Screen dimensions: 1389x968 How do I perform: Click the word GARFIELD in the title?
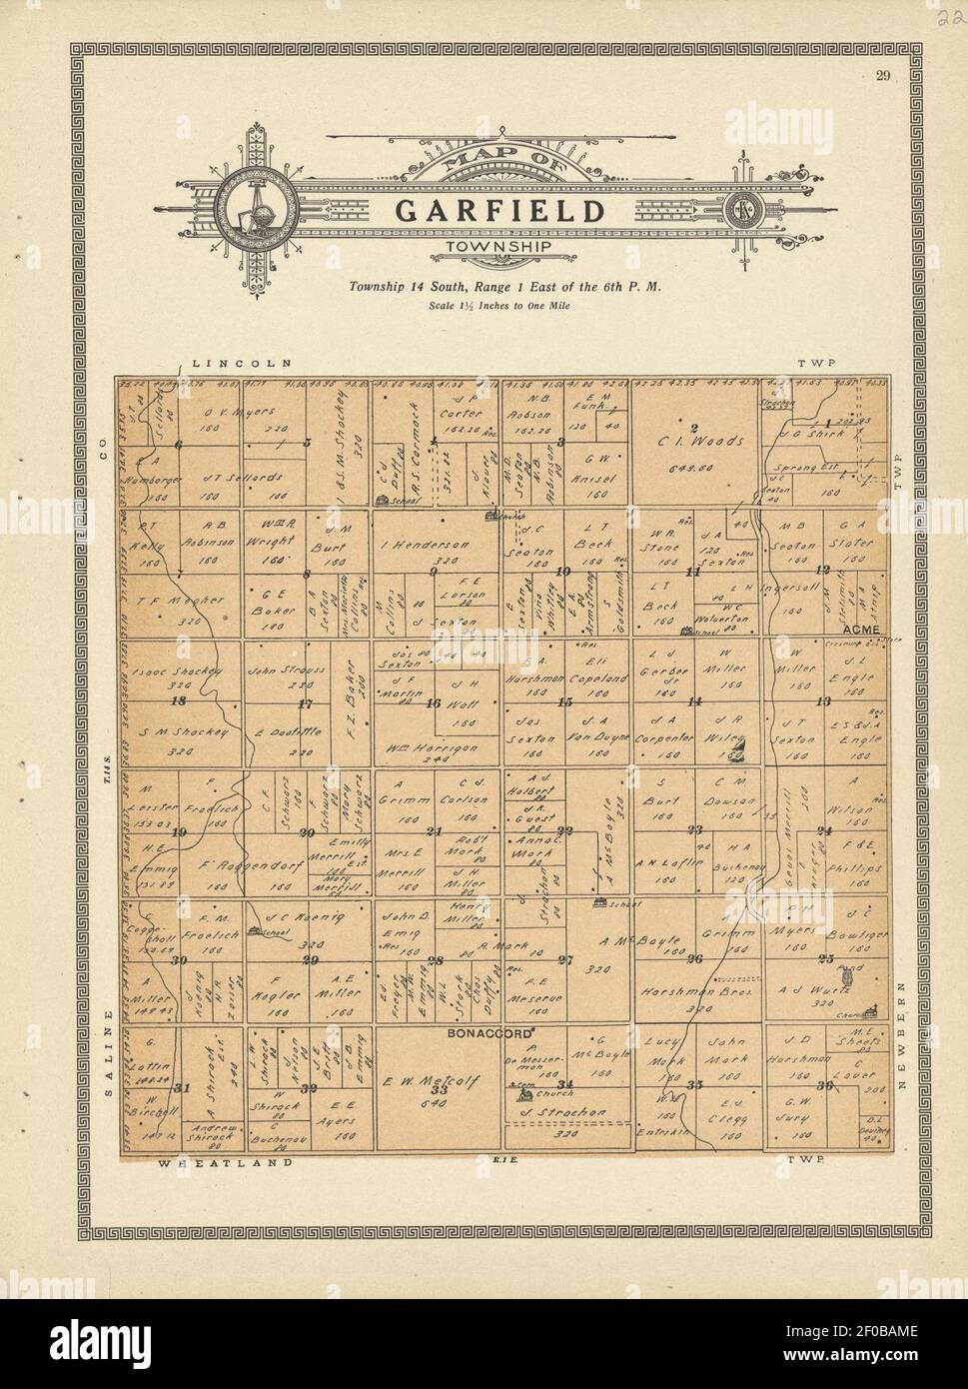coord(499,212)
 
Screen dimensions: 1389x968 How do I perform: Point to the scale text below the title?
coord(499,306)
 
